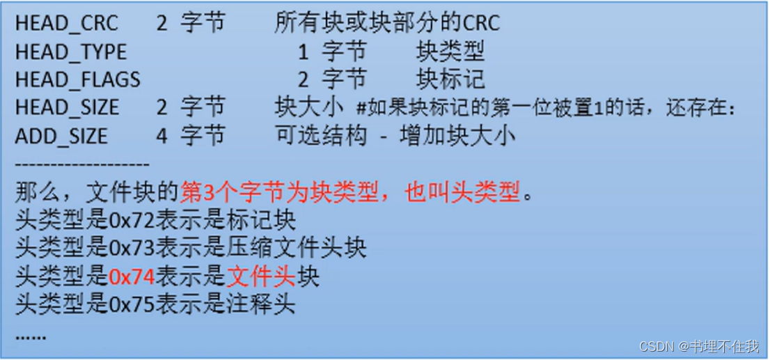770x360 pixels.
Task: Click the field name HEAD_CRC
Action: [67, 23]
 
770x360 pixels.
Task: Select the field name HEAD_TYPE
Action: [71, 52]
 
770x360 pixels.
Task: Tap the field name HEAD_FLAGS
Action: [77, 79]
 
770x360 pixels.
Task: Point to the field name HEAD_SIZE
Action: [67, 107]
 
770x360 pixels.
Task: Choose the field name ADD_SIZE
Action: [61, 135]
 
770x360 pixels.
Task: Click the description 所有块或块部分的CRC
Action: [387, 23]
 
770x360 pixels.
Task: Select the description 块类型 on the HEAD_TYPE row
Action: [450, 52]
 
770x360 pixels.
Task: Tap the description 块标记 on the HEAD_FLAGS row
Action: [450, 79]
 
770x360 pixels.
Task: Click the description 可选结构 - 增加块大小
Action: [395, 135]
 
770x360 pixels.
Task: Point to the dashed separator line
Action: [82, 164]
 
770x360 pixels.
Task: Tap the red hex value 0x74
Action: [132, 276]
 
